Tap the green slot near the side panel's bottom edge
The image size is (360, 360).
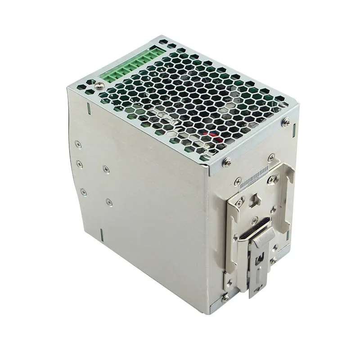(102, 234)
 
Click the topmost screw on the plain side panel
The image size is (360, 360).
(78, 144)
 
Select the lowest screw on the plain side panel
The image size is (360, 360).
(109, 202)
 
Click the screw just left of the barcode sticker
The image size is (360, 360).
(238, 181)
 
